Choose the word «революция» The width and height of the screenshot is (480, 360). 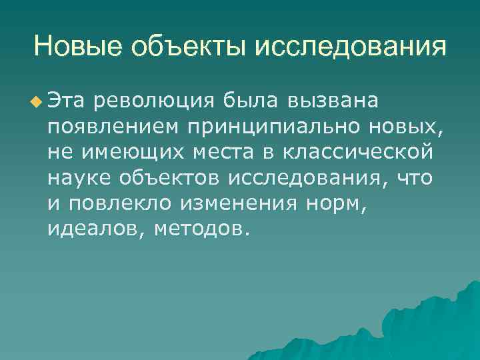point(155,101)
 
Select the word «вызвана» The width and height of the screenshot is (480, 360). point(334,101)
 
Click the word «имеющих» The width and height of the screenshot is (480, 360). point(122,153)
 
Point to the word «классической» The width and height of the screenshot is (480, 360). point(356,153)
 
